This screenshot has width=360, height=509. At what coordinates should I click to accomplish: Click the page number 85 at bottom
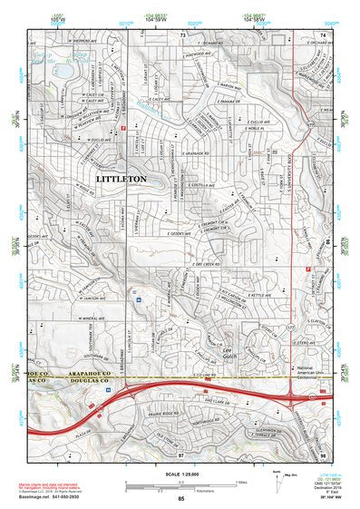[x=180, y=499]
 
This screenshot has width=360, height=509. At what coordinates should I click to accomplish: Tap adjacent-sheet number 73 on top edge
[x=181, y=34]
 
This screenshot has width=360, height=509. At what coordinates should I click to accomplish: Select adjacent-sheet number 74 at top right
[x=323, y=34]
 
